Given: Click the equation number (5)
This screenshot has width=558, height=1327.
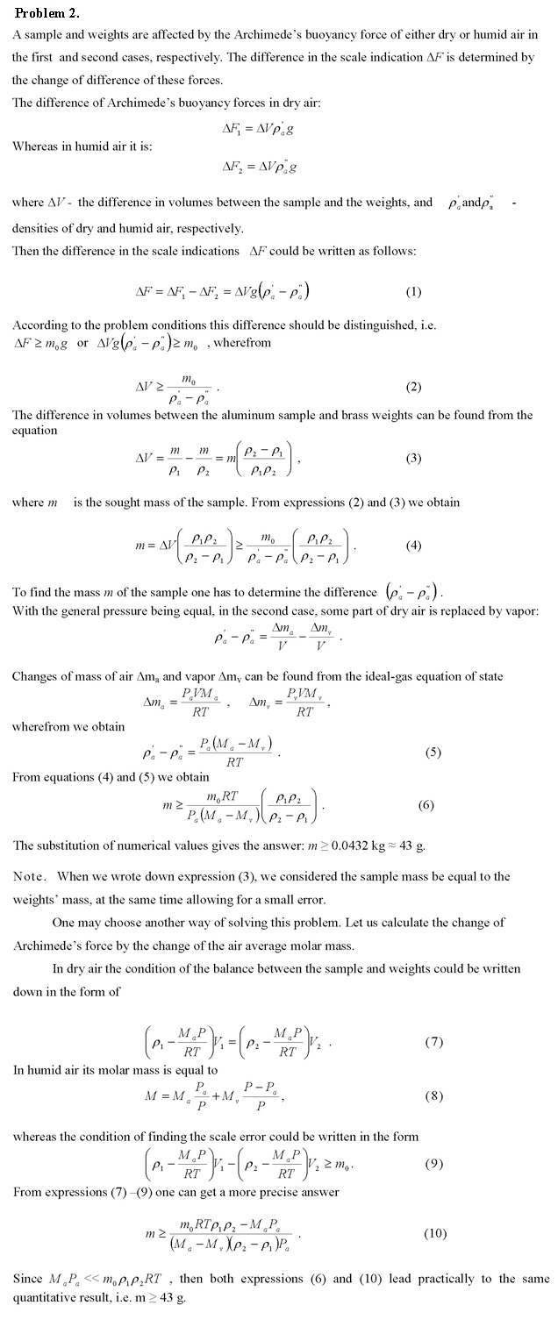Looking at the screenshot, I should [x=433, y=752].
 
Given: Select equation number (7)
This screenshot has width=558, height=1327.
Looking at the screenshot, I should [x=433, y=1042].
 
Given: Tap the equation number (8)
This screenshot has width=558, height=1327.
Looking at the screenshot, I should [x=433, y=1095].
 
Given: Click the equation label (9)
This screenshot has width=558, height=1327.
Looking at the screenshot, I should [x=433, y=1164].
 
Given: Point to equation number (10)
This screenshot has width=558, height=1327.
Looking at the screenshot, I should [x=436, y=1233].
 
